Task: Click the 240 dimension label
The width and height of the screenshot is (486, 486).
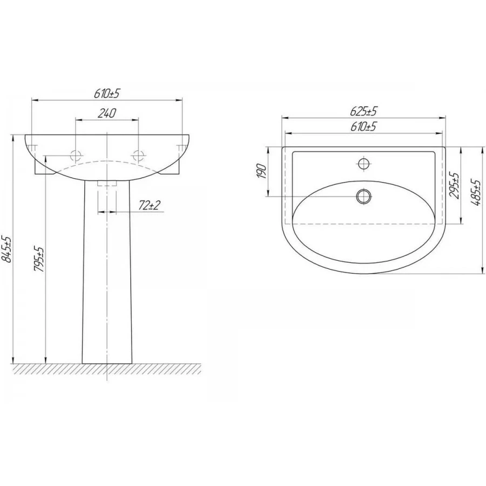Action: [107, 113]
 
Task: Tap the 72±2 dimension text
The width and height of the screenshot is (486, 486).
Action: [150, 205]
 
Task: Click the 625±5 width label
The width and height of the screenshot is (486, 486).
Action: [363, 111]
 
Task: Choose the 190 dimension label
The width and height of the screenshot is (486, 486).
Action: [262, 171]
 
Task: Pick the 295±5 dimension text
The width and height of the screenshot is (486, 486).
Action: [455, 186]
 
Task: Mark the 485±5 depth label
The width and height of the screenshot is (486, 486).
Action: [476, 192]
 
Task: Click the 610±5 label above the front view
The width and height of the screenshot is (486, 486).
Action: [107, 93]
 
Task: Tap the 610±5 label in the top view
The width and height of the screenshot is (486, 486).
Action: [363, 126]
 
